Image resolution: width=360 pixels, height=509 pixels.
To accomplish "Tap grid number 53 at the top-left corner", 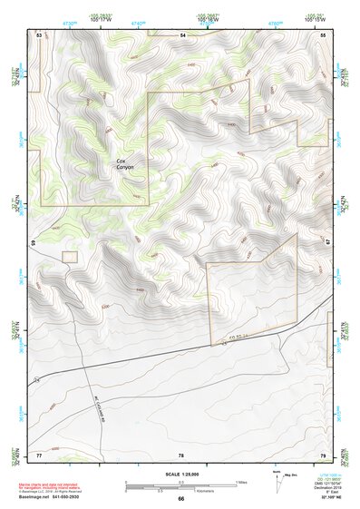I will [39, 34].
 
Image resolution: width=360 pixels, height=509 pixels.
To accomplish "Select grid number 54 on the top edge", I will [182, 34].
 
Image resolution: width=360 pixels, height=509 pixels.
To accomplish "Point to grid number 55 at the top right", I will [324, 34].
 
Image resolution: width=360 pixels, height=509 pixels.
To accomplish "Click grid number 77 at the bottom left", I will [39, 453].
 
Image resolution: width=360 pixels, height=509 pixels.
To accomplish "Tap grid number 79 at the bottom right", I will [324, 453].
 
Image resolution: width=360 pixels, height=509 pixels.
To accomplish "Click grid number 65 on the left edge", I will [33, 243].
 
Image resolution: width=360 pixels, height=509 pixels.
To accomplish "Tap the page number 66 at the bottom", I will [180, 498].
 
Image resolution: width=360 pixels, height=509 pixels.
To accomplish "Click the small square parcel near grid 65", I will [70, 258].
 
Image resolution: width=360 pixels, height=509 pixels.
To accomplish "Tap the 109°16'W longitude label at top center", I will [209, 17].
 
